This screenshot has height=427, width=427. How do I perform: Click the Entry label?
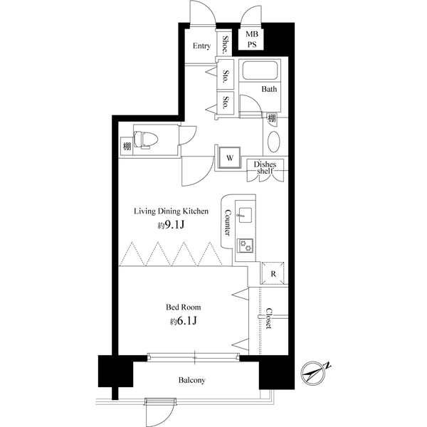pyautogui.click(x=201, y=46)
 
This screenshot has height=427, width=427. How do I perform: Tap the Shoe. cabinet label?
pyautogui.click(x=225, y=44)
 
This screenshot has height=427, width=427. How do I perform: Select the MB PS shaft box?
pyautogui.click(x=251, y=39)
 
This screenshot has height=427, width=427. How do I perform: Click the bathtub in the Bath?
pyautogui.click(x=260, y=70)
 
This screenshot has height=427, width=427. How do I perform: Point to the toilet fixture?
pyautogui.click(x=146, y=139)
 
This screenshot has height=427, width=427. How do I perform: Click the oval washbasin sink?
pyautogui.click(x=274, y=142)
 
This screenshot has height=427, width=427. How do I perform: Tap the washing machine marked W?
pyautogui.click(x=230, y=158)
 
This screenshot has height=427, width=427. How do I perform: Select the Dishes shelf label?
pyautogui.click(x=265, y=167)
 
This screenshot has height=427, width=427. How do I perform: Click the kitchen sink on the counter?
pyautogui.click(x=245, y=216)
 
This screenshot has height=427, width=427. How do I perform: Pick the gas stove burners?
pyautogui.click(x=245, y=245)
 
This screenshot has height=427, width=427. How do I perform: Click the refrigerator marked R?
pyautogui.click(x=273, y=273)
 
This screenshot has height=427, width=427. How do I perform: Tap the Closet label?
pyautogui.click(x=269, y=318)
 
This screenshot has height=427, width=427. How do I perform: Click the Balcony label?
pyautogui.click(x=191, y=380)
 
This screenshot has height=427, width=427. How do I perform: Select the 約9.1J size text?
pyautogui.click(x=172, y=225)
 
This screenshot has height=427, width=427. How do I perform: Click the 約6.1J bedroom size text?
pyautogui.click(x=184, y=321)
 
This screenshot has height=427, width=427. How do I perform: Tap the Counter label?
pyautogui.click(x=228, y=223)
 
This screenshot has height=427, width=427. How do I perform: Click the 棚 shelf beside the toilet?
pyautogui.click(x=127, y=146)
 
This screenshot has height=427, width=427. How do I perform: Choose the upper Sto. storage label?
pyautogui.click(x=226, y=76)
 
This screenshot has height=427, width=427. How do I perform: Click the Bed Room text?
pyautogui.click(x=184, y=307)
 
